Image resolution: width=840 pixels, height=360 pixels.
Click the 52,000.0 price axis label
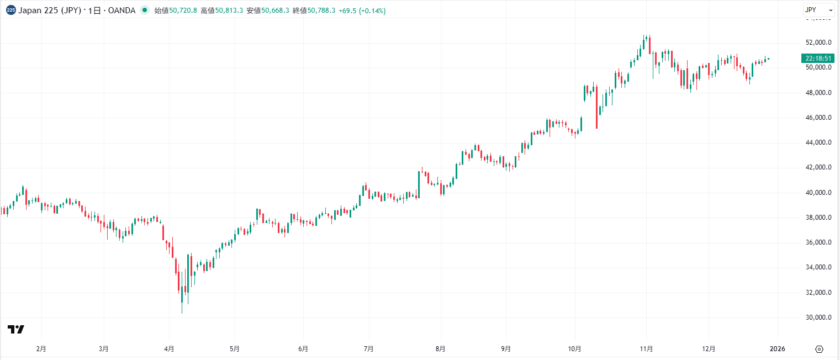tap(819, 43)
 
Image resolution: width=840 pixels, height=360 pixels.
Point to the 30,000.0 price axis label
tap(819, 317)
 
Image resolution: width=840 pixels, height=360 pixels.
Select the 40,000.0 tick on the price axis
tap(819, 193)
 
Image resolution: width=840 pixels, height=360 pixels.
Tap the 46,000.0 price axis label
tap(819, 118)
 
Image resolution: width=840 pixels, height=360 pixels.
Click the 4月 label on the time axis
tap(170, 349)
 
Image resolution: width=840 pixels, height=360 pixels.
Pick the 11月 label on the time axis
tap(647, 349)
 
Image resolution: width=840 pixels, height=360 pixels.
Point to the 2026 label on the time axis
tap(777, 349)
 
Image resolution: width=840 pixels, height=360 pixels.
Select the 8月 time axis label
tap(440, 349)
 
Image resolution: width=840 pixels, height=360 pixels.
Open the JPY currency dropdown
tap(818, 10)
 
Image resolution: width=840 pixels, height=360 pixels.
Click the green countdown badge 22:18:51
tap(818, 59)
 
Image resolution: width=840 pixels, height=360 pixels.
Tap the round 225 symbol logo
tap(10, 10)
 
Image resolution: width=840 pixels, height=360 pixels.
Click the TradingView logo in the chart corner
tap(16, 330)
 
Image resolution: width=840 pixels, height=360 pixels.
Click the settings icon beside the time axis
tap(820, 349)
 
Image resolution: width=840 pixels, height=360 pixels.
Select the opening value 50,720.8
tap(183, 10)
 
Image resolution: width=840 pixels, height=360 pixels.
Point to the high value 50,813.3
tap(229, 10)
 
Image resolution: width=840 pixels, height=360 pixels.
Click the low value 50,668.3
tap(275, 10)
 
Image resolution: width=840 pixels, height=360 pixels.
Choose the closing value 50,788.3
tap(321, 10)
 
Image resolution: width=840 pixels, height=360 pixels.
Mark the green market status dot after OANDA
tap(145, 10)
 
